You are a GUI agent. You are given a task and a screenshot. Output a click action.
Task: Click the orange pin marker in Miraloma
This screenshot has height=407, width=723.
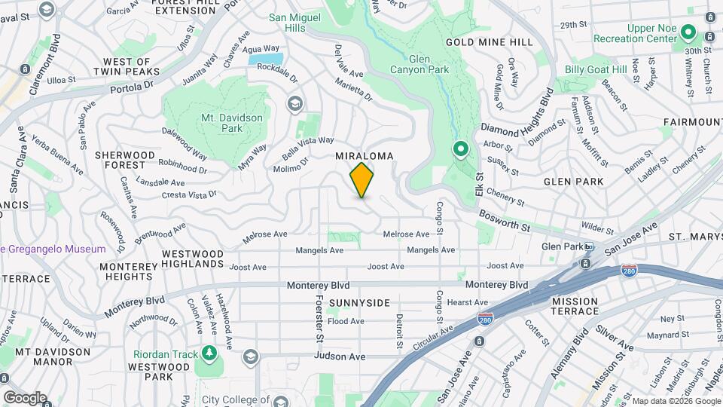362,180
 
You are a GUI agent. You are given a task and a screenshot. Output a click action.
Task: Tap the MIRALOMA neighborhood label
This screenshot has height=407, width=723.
365,156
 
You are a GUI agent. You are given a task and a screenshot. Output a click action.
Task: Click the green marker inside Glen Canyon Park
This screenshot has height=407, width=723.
460,150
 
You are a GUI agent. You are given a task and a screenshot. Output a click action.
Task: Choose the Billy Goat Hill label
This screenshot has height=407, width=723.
596,69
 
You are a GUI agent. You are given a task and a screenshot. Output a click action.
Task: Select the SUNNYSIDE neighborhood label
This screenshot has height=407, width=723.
358,303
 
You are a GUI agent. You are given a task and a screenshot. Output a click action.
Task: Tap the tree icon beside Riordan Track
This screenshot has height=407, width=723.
209,353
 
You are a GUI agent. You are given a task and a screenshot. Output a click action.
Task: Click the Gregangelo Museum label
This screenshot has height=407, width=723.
54,249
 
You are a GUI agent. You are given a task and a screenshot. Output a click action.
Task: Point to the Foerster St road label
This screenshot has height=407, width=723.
319,319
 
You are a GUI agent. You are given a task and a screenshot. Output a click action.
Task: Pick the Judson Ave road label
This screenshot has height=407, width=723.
340,356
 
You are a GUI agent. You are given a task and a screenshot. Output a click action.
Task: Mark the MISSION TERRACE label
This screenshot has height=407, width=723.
575,306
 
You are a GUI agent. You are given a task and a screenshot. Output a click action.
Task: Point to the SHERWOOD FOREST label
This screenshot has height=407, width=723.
125,160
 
